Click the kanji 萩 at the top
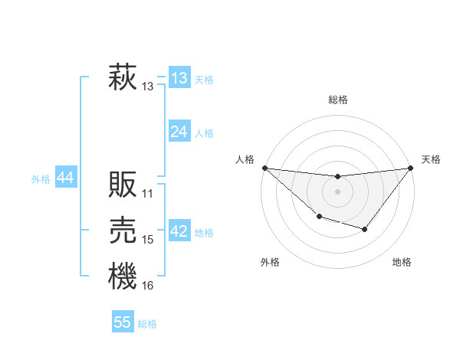pos(122,78)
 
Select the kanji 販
pos(122,184)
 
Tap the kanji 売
pos(122,231)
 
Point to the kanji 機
pos(122,277)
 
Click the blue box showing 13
pos(179,78)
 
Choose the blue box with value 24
pos(179,132)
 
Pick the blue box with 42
pos(179,231)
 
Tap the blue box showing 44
pos(65,178)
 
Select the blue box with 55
pos(123,322)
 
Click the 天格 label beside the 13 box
pos(204,80)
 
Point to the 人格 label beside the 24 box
pos(204,133)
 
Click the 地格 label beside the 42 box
pos(204,233)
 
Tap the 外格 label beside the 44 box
pos(41,179)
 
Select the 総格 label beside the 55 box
pos(147,324)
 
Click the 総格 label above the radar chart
pos(338,100)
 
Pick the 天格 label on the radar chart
pos(432,159)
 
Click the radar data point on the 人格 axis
pos(264,168)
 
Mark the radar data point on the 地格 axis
pos(365,229)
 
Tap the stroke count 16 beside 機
pos(148,286)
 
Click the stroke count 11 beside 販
pos(148,193)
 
